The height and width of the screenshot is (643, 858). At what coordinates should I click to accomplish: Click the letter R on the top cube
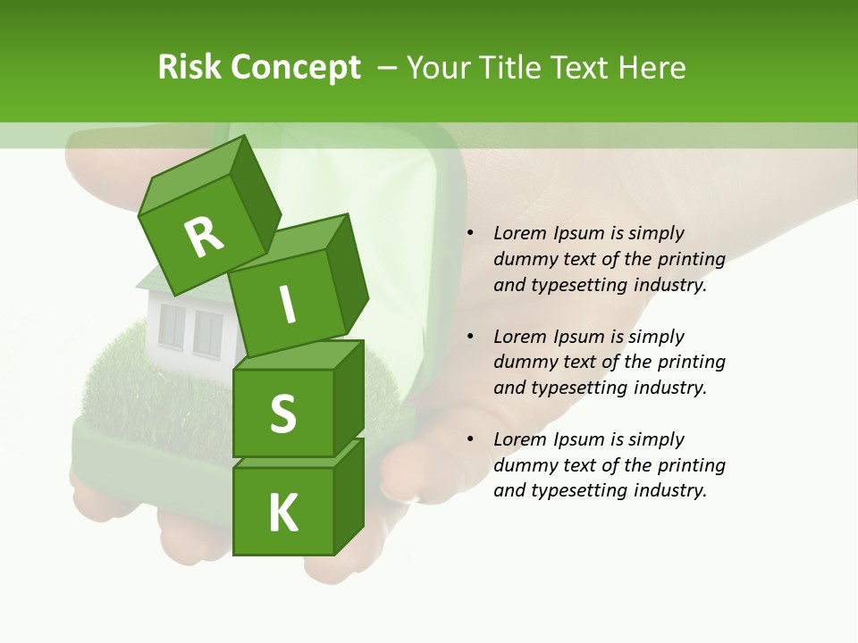click(205, 237)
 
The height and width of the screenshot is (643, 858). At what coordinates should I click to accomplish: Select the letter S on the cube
click(282, 413)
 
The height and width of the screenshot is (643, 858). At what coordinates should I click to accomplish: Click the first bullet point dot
click(470, 234)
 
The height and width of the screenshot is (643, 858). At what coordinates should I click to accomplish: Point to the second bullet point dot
click(470, 338)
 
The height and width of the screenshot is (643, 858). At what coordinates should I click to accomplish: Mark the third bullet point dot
click(470, 440)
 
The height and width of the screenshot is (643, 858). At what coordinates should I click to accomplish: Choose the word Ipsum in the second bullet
click(579, 337)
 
